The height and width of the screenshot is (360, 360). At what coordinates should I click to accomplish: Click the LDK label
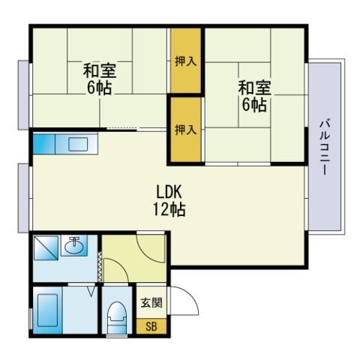coord(169,192)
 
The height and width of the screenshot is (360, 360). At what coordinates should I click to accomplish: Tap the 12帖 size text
coord(169,209)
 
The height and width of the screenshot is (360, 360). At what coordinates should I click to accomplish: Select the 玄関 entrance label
coord(151,303)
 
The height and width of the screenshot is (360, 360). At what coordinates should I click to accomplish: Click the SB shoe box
coord(151,326)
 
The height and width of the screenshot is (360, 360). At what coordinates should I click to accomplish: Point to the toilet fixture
coord(117,317)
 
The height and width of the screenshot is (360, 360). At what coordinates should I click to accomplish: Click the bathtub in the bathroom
coord(47,310)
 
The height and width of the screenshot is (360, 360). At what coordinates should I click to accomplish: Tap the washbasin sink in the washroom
coord(74,246)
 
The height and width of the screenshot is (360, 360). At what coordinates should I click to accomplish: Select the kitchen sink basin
coord(78,144)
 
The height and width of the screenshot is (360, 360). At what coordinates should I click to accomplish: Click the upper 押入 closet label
coord(186,61)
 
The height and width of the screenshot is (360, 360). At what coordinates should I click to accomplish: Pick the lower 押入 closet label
coord(186,130)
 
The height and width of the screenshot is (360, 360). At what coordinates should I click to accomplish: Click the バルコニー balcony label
coord(325,148)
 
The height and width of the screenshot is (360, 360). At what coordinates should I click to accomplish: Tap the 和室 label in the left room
coord(100,71)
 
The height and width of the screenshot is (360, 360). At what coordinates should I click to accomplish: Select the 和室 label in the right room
coord(254,88)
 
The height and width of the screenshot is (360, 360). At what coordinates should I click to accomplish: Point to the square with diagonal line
coord(46,247)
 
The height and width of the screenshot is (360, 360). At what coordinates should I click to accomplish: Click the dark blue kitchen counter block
coord(44,144)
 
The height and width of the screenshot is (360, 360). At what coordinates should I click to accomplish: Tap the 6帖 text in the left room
coord(99,88)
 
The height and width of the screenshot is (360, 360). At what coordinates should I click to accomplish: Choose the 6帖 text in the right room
coord(254,105)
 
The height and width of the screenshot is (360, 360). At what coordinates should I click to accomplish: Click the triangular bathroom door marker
coord(91,292)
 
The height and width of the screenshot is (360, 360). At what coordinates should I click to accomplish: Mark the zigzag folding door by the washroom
coord(100,266)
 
